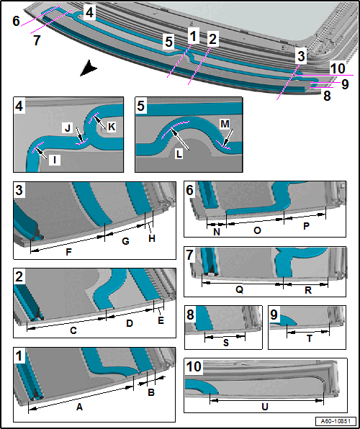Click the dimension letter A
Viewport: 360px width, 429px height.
pyautogui.click(x=79, y=407)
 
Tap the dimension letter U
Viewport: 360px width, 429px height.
pyautogui.click(x=265, y=407)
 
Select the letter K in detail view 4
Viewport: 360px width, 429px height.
pyautogui.click(x=112, y=127)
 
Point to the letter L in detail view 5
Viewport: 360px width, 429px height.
pyautogui.click(x=179, y=155)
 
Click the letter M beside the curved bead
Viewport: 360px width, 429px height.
pyautogui.click(x=225, y=125)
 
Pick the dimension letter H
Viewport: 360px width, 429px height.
pyautogui.click(x=152, y=238)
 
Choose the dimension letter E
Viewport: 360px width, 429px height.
pyautogui.click(x=161, y=320)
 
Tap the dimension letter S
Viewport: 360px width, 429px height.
pyautogui.click(x=226, y=343)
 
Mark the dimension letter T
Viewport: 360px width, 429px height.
pyautogui.click(x=309, y=339)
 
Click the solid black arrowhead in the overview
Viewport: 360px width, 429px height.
pyautogui.click(x=89, y=68)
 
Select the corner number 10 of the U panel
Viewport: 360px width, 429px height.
pyautogui.click(x=194, y=366)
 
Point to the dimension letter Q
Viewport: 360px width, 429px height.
pyautogui.click(x=239, y=290)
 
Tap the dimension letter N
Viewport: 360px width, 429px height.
pyautogui.click(x=217, y=232)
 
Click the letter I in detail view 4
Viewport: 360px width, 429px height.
pyautogui.click(x=55, y=161)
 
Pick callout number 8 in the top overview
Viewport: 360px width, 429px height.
pyautogui.click(x=328, y=96)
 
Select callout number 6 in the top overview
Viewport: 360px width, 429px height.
pyautogui.click(x=16, y=22)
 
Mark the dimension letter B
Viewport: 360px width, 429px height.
pyautogui.click(x=151, y=392)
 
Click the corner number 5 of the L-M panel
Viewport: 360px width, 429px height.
pyautogui.click(x=140, y=106)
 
